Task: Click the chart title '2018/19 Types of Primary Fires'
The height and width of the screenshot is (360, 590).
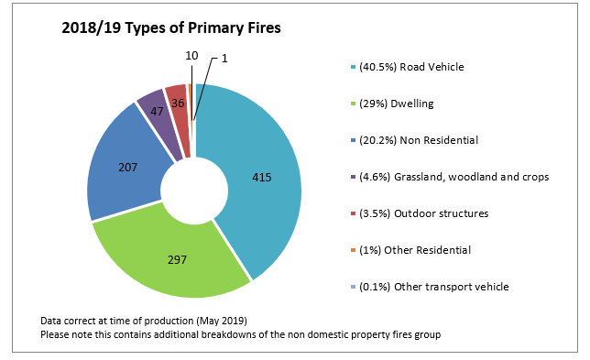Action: (x=170, y=28)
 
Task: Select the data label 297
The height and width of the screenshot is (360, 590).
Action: (x=176, y=260)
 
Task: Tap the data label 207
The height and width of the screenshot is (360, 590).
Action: (x=129, y=168)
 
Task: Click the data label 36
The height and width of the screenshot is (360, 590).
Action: (x=178, y=104)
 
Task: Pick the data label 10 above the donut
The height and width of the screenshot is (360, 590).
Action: (x=191, y=56)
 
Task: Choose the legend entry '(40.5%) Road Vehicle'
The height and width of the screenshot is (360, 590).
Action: (x=412, y=67)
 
